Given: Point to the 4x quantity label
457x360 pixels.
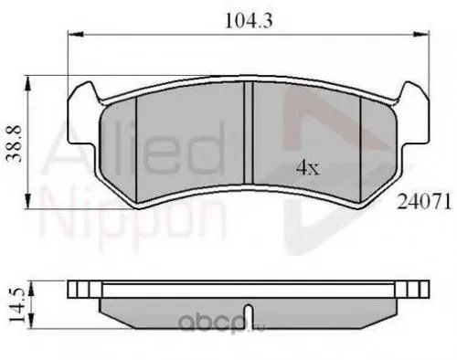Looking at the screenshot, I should click(x=306, y=167).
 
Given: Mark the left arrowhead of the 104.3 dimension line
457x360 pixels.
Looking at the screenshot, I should click(x=73, y=34).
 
